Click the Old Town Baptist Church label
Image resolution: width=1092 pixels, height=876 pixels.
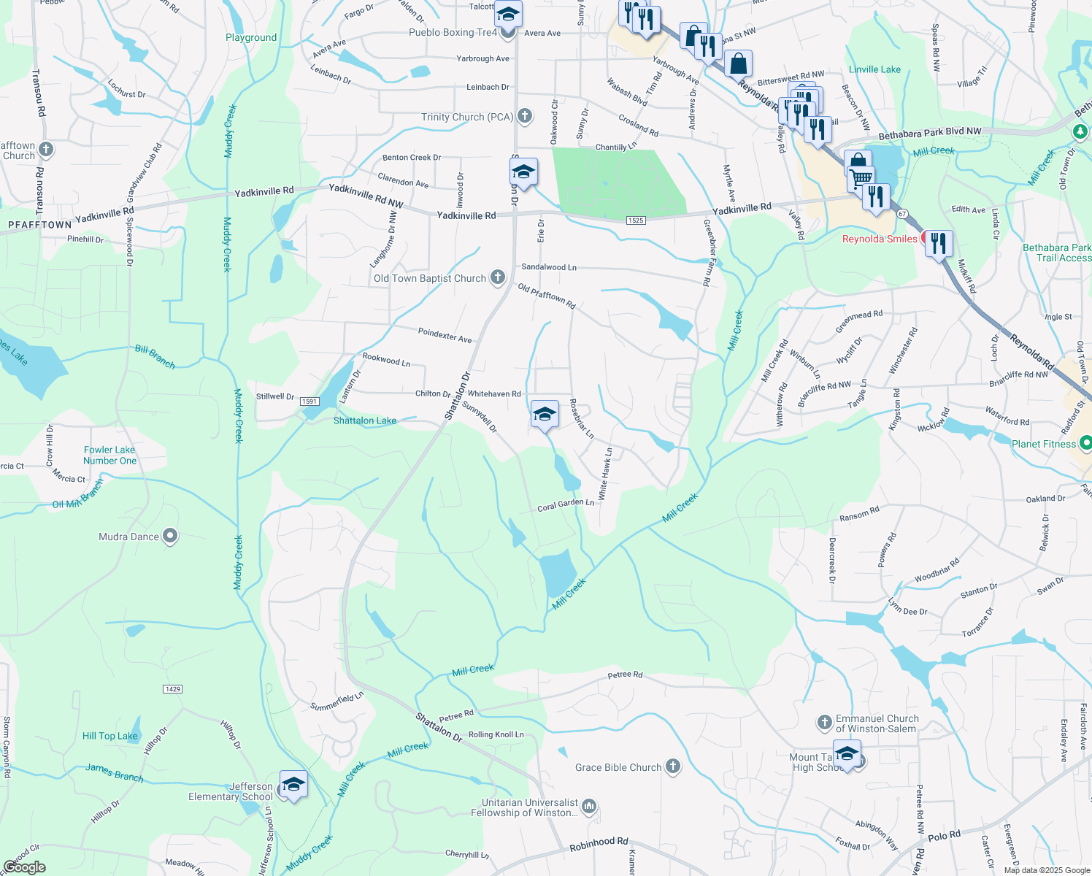(x=429, y=278)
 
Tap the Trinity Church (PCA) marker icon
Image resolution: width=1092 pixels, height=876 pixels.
(x=525, y=116)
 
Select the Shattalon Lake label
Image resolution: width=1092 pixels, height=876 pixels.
(x=365, y=420)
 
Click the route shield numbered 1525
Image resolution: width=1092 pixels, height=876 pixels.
(x=635, y=220)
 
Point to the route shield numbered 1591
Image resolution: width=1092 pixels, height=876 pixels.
(x=309, y=401)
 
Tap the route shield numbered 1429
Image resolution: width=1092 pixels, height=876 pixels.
(x=173, y=689)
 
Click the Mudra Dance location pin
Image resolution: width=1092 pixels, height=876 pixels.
(x=170, y=537)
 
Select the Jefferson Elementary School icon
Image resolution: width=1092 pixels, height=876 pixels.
(x=293, y=785)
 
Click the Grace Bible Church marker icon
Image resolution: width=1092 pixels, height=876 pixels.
(x=673, y=766)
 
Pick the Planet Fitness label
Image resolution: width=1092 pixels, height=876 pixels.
(x=1044, y=444)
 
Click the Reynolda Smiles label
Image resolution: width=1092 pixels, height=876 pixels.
(x=880, y=239)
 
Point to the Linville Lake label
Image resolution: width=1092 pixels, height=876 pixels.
(x=874, y=69)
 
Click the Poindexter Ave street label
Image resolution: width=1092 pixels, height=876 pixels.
(x=445, y=335)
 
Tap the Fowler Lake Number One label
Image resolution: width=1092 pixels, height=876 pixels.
(x=109, y=455)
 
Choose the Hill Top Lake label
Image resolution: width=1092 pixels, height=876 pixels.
(x=109, y=736)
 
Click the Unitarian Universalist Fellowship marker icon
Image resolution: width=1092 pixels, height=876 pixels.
(x=590, y=807)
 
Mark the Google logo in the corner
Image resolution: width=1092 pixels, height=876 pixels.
(x=24, y=867)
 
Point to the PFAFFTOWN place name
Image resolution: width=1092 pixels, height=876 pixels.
(x=39, y=225)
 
